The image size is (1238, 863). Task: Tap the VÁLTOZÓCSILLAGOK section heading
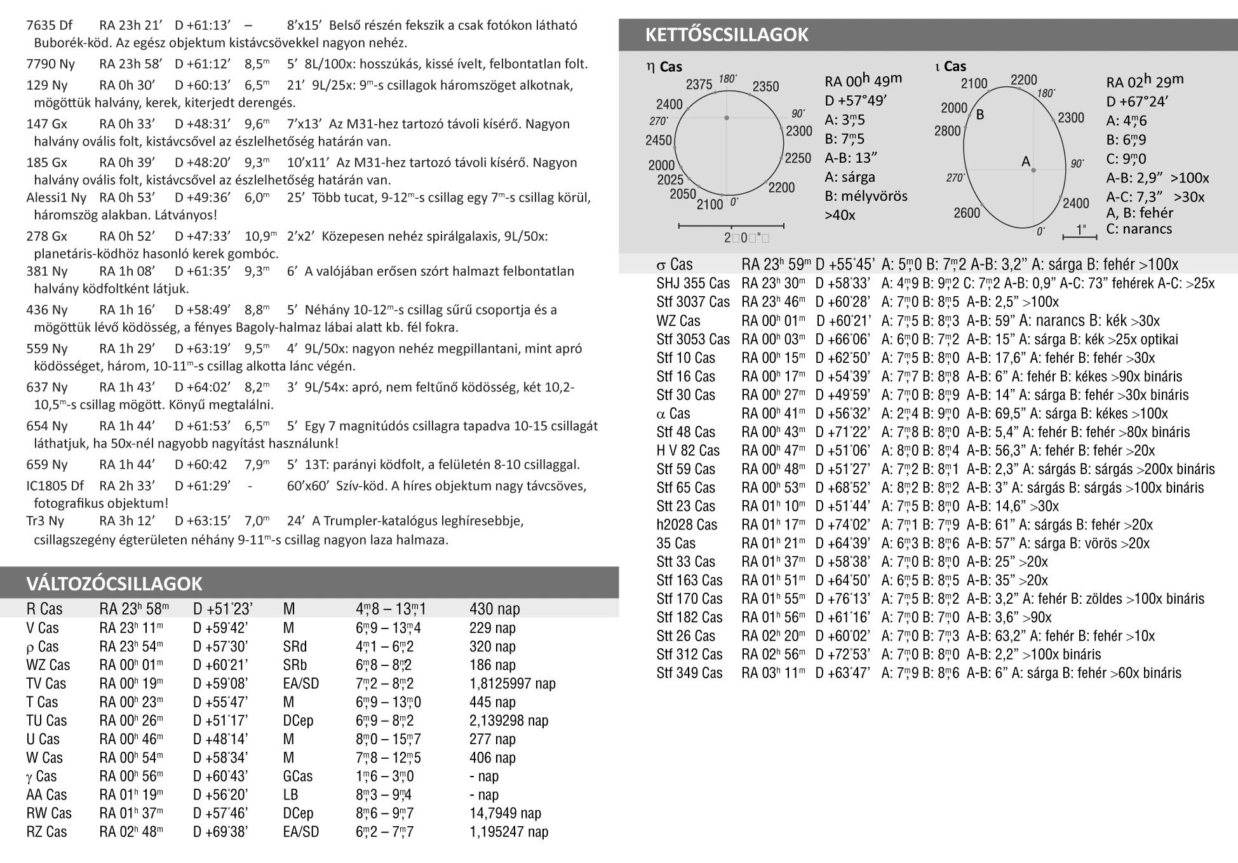pos(114,583)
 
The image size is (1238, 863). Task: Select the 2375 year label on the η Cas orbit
pos(699,85)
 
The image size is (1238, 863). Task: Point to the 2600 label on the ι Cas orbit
pos(966,212)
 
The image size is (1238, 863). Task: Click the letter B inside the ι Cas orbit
pos(980,115)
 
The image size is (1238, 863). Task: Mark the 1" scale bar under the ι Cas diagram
pos(1080,237)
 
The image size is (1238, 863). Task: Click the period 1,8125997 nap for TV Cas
pos(513,684)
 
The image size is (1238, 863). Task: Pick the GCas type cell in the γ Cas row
pos(298,776)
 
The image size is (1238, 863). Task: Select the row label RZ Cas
pos(46,832)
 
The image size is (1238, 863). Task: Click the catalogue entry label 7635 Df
pos(50,26)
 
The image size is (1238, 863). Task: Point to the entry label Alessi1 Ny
pos(57,198)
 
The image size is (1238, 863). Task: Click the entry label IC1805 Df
pos(55,486)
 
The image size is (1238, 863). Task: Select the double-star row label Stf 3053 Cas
pos(693,339)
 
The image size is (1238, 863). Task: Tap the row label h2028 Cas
pos(687,525)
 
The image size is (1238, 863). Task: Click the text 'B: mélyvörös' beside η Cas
pos(866,196)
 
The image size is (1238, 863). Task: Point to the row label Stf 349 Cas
pos(689,673)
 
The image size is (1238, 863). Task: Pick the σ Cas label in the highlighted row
pos(675,265)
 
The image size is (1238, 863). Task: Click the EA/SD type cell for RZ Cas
pos(301,832)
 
